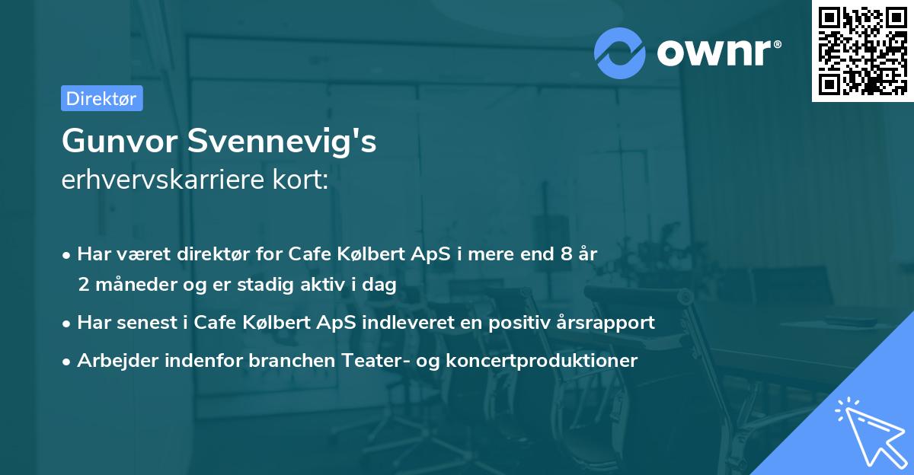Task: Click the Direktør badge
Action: coord(101,98)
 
